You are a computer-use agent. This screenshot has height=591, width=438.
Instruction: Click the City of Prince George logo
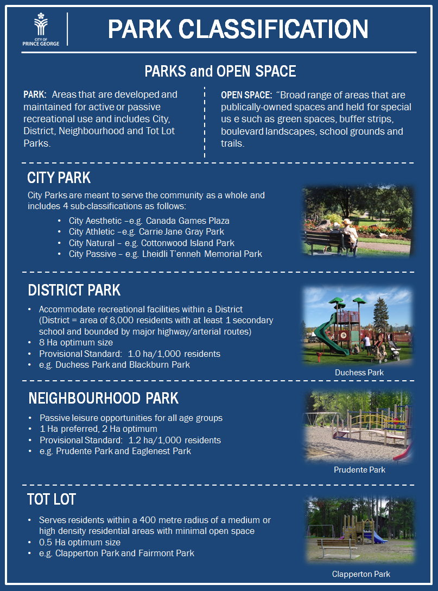tap(41, 29)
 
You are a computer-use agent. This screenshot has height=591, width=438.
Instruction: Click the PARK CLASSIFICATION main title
tap(238, 29)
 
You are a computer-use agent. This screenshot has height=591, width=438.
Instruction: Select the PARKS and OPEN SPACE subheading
tap(220, 71)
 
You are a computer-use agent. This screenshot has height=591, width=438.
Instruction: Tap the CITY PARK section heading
tap(59, 178)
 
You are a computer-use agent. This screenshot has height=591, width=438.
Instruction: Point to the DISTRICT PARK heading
tap(74, 290)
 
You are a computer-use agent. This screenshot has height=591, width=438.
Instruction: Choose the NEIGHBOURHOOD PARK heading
tap(104, 398)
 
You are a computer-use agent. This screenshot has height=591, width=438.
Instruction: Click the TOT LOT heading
tap(52, 499)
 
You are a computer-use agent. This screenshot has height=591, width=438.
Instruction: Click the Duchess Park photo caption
tap(359, 373)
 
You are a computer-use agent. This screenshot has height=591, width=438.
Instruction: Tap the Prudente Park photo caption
tap(360, 470)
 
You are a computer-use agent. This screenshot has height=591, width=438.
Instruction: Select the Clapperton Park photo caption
tap(361, 574)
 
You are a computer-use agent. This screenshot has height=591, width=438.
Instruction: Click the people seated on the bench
tap(345, 234)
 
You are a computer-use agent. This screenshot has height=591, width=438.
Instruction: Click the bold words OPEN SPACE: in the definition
tap(246, 96)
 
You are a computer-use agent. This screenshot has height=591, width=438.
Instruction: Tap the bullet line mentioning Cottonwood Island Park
tap(151, 243)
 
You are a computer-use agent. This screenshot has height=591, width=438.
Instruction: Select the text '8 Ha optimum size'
tap(75, 343)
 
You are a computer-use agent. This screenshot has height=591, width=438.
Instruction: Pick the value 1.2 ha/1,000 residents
tap(174, 440)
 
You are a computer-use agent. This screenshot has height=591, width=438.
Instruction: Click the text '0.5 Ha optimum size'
tap(79, 542)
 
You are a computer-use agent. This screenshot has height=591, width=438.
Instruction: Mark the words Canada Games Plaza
tap(188, 221)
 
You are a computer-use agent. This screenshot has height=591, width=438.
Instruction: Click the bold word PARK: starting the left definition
tap(35, 95)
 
